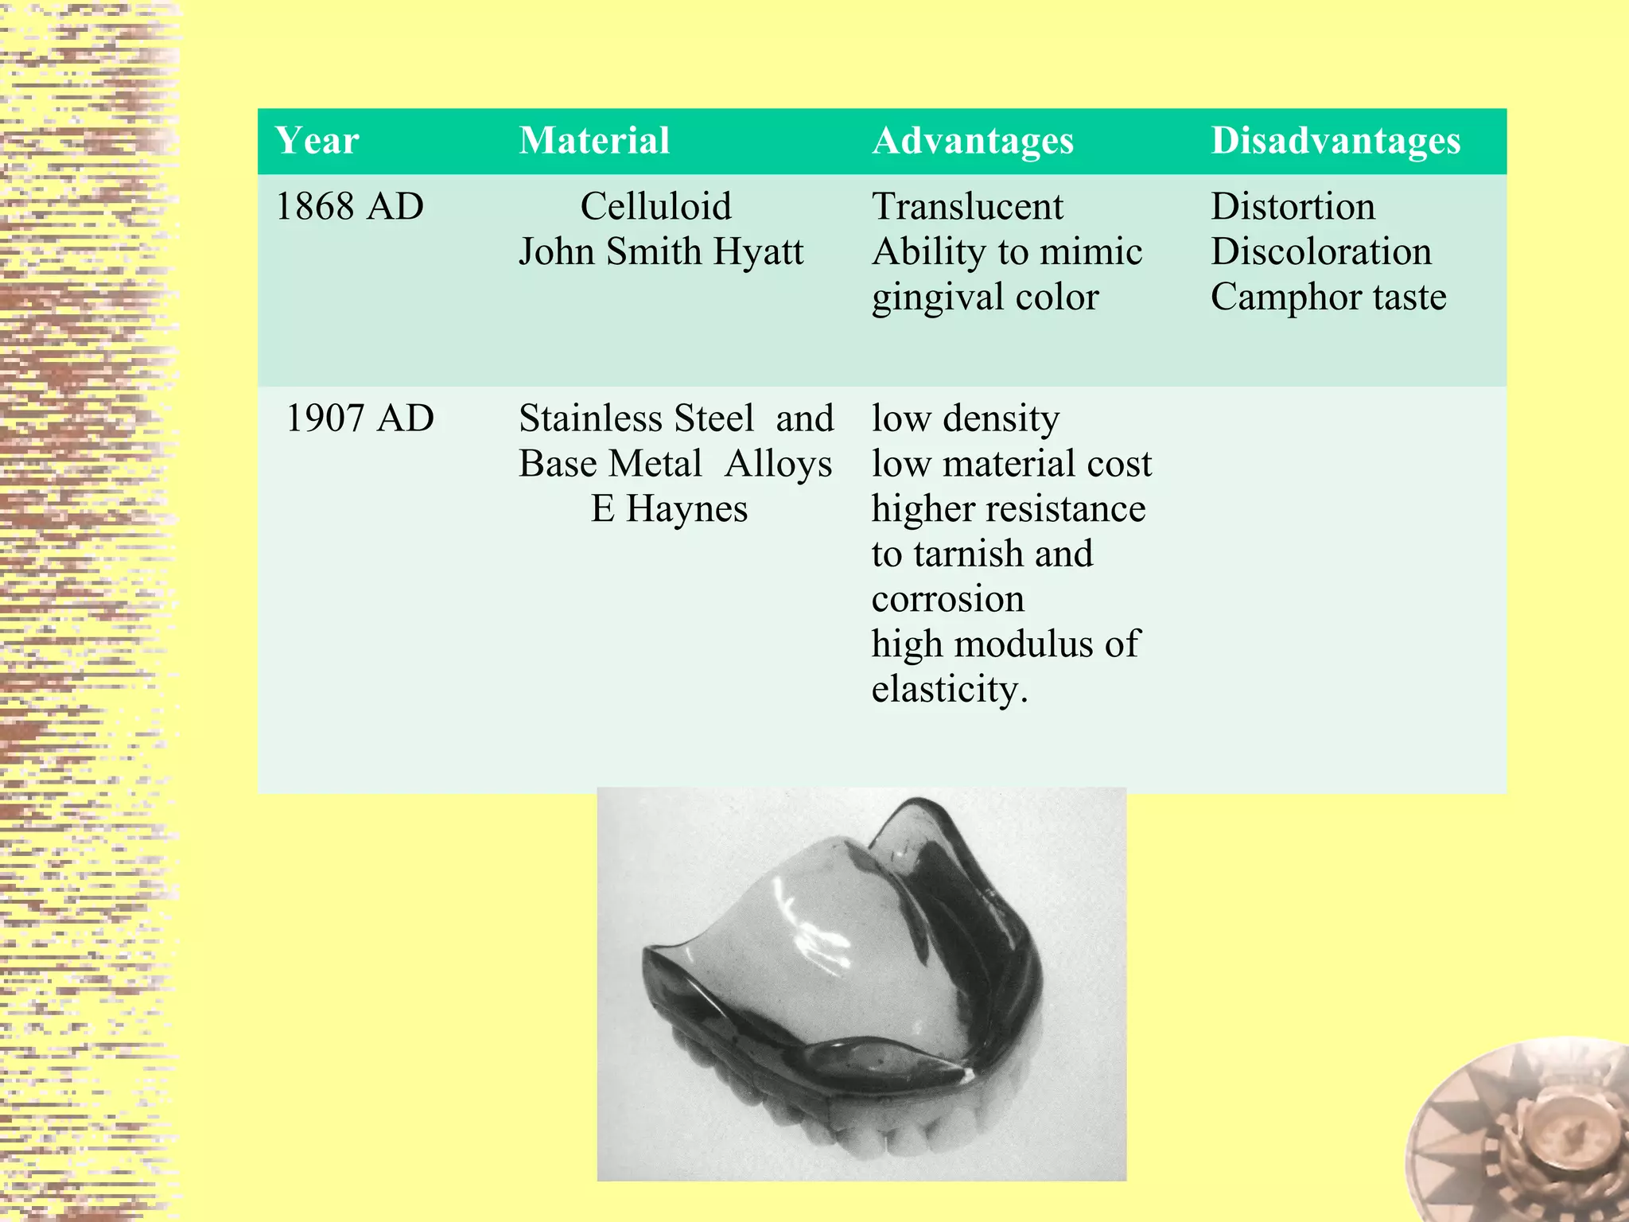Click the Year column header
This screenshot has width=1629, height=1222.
(x=317, y=141)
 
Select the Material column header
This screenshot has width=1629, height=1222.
(x=594, y=141)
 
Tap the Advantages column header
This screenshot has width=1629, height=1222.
(x=973, y=141)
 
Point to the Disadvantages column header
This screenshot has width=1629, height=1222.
(x=1335, y=141)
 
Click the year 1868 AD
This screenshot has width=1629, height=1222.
(x=349, y=207)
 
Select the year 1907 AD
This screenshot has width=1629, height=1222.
(x=360, y=418)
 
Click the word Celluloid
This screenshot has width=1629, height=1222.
(x=655, y=207)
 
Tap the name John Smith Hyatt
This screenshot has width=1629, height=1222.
(x=661, y=252)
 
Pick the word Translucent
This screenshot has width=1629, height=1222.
(x=967, y=207)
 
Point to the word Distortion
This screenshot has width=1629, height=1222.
(x=1293, y=207)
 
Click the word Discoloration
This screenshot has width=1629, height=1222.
(x=1321, y=252)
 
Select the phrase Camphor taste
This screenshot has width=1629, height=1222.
(x=1328, y=298)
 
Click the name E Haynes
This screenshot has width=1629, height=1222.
(x=669, y=509)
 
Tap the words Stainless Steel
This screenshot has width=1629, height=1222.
(x=636, y=418)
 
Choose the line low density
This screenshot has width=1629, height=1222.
(x=966, y=418)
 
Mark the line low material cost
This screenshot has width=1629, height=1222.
(x=1011, y=464)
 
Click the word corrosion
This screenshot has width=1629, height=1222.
(x=948, y=599)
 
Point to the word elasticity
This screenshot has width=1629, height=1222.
(x=950, y=690)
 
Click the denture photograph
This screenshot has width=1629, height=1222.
(x=861, y=984)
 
